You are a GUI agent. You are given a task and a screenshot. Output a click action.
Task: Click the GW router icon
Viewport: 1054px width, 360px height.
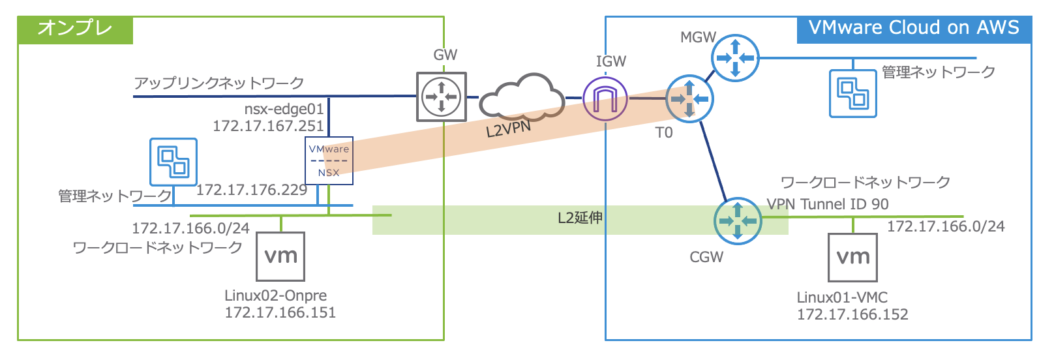(442, 97)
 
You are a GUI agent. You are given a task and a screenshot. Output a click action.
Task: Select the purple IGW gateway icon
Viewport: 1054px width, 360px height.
(605, 99)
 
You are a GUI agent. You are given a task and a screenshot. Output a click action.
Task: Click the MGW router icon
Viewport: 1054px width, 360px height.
(735, 57)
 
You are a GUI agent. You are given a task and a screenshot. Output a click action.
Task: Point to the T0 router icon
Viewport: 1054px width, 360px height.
(689, 99)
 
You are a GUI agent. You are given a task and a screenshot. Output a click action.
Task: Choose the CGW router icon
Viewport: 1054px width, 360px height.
(737, 221)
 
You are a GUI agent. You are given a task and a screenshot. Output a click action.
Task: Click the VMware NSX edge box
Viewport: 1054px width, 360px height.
(329, 160)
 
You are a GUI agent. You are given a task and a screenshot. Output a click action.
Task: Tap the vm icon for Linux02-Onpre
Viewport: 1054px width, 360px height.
(281, 256)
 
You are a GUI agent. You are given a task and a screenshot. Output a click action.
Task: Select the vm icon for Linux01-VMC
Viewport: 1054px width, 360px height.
(852, 257)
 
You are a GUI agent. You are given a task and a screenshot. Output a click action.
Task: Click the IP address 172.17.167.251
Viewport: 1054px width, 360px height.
(268, 126)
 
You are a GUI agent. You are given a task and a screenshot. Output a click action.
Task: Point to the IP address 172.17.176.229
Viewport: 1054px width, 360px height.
(252, 190)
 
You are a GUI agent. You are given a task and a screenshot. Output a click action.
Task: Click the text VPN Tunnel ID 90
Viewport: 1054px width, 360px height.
(828, 204)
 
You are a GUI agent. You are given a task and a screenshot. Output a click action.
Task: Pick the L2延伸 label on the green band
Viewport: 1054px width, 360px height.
(580, 218)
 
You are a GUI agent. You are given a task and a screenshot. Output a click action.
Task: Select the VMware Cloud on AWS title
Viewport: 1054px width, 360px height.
(914, 28)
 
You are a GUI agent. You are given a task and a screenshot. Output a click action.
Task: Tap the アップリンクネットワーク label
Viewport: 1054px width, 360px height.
(219, 83)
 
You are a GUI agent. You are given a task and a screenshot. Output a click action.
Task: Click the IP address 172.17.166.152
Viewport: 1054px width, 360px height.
(852, 314)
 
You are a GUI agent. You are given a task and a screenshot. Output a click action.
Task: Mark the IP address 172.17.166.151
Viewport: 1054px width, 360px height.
(280, 312)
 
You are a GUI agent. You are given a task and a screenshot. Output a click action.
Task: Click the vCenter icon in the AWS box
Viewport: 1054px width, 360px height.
(852, 93)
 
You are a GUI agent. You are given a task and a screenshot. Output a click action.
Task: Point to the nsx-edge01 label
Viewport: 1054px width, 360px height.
(284, 109)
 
